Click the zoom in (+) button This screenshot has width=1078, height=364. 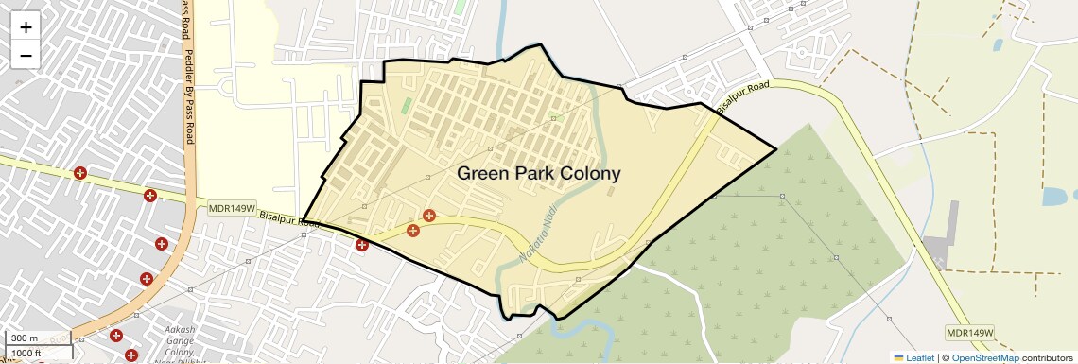(26, 27)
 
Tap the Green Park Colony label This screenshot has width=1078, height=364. (539, 174)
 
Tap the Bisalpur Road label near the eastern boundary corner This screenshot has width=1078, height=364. (743, 96)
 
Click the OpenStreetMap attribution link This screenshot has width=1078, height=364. (984, 357)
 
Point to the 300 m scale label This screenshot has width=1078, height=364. (25, 338)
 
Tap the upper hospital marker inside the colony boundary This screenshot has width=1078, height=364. (429, 217)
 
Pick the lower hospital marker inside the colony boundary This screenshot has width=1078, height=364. (412, 231)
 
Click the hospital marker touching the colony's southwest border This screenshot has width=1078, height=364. (362, 245)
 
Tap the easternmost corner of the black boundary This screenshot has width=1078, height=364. (776, 148)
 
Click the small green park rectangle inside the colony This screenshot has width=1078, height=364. (406, 105)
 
